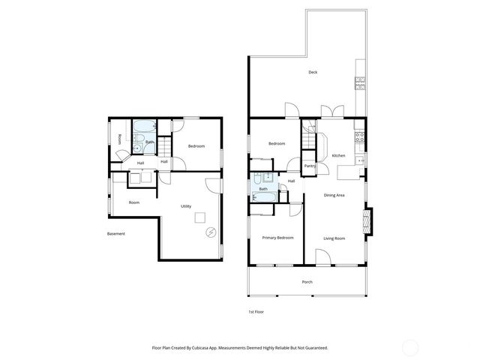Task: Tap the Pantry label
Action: coord(309,166)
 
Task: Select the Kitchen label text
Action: coord(338,155)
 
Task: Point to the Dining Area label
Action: coord(334,195)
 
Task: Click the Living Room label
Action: coord(334,238)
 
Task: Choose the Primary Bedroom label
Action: coord(277,238)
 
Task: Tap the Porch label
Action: coord(307,281)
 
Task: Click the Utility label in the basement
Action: coord(186,206)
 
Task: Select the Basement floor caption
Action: coord(115,233)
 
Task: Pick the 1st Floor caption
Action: coord(256,311)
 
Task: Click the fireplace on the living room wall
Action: coord(366,221)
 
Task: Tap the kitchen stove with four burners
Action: coord(359,137)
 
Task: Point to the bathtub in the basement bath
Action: coord(145,127)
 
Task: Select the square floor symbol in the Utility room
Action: coord(199,217)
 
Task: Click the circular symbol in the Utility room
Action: coord(211,232)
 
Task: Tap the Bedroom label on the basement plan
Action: coord(196,145)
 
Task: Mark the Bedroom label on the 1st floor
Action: coord(277,143)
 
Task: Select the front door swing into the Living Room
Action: coord(323,257)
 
